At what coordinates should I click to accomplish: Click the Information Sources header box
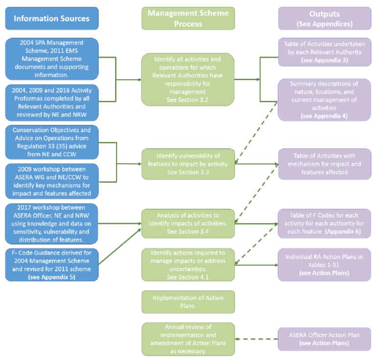(x=51, y=19)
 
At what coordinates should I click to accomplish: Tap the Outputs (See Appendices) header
(x=324, y=19)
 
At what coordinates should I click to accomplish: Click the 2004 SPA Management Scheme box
(x=51, y=59)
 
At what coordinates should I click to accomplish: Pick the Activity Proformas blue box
(x=51, y=102)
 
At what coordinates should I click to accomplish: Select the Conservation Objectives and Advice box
(x=51, y=143)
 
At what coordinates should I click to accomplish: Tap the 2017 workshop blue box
(x=51, y=223)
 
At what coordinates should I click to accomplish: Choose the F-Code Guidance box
(x=51, y=265)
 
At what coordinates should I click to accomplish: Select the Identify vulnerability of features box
(x=188, y=164)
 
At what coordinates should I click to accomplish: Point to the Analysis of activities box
(x=188, y=223)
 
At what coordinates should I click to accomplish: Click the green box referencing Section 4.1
(x=188, y=265)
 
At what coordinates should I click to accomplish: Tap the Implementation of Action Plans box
(x=188, y=302)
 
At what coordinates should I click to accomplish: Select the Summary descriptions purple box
(x=324, y=100)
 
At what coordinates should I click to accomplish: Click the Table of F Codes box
(x=324, y=223)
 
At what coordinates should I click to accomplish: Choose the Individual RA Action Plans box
(x=324, y=265)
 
